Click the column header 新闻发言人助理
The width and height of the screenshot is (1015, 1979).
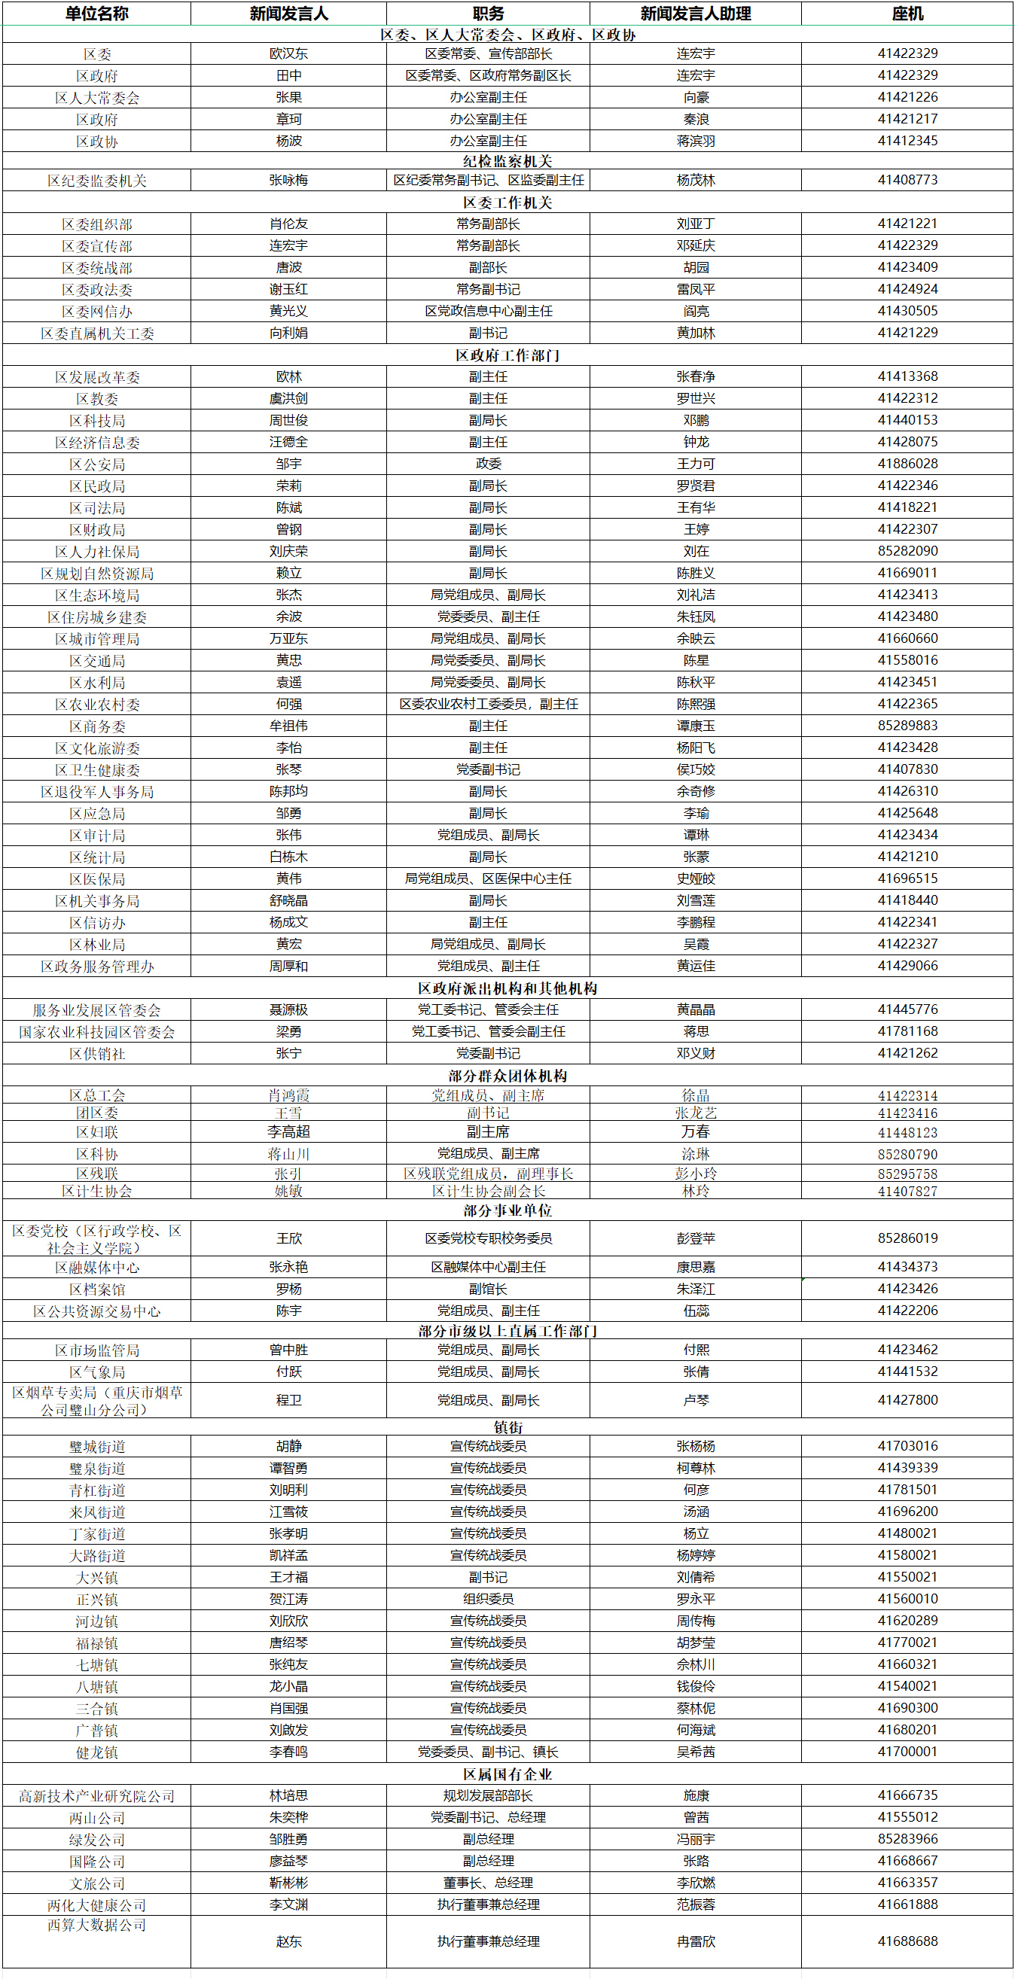click(695, 14)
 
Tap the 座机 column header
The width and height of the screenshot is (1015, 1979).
click(907, 14)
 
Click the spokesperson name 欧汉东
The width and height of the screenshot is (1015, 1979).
click(289, 53)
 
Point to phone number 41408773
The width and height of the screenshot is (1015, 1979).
click(907, 180)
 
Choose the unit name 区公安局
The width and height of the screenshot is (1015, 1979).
click(97, 464)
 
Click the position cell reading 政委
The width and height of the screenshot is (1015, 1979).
click(488, 464)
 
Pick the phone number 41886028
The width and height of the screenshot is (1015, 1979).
click(907, 464)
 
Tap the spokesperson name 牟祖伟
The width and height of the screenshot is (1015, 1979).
click(289, 726)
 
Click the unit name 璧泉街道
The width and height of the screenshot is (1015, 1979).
click(97, 1469)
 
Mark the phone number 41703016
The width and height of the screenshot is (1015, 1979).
click(907, 1447)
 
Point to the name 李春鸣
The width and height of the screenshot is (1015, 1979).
click(289, 1752)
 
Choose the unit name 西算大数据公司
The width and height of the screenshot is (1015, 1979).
click(97, 1926)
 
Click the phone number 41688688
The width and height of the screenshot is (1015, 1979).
click(907, 1941)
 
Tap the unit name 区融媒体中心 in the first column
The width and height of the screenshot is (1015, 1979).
click(97, 1268)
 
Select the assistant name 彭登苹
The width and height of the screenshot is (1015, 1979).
click(695, 1238)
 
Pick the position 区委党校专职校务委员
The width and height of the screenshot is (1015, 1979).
click(488, 1238)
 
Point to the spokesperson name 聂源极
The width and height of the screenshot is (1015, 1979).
click(289, 1009)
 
